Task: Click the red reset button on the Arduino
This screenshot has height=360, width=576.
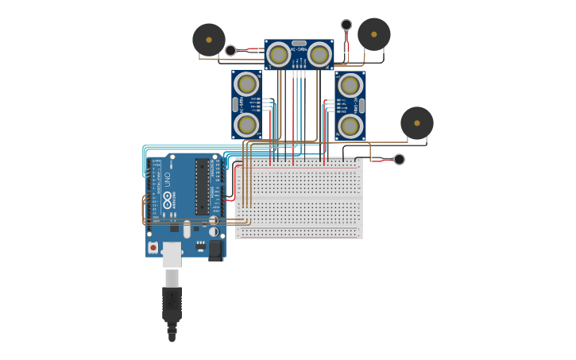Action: pos(153,248)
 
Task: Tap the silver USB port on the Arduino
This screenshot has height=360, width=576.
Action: pos(172,254)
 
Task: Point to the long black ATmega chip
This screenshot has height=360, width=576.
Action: pos(202,187)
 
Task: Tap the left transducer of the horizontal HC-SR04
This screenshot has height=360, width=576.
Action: pos(279,54)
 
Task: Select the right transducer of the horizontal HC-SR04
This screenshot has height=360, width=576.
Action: pos(319,54)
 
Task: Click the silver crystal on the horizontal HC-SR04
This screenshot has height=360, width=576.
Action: pos(299,43)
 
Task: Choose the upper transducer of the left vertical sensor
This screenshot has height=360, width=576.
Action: pos(247,84)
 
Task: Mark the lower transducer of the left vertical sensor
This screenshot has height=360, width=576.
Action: pos(247,125)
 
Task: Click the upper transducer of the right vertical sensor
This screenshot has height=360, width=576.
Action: pos(350,85)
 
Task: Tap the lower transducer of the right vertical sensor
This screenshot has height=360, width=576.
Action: pos(350,126)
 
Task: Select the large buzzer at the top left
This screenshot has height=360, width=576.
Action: pos(209,40)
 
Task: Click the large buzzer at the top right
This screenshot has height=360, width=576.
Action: pos(374,34)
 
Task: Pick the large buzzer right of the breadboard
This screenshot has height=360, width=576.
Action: pos(417,123)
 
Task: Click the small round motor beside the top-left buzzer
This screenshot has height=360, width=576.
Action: pos(230,51)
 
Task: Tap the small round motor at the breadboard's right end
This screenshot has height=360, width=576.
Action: pos(399,159)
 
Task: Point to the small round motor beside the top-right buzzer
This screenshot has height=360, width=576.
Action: pos(346,25)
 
